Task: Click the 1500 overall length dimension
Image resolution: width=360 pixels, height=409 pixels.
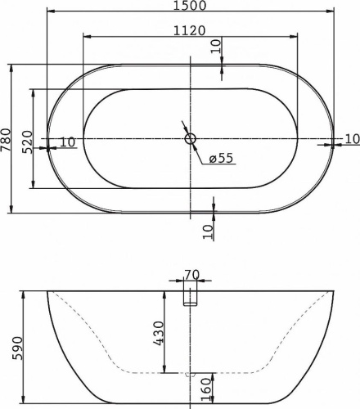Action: point(190,6)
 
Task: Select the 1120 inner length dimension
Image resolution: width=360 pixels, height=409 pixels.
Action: point(190,30)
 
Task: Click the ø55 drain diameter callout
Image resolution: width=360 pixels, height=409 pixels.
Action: point(222,159)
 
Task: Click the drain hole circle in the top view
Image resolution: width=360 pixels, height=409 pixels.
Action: point(191,139)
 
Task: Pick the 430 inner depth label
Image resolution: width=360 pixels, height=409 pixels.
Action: point(160,332)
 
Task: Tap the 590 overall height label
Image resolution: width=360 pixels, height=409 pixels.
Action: point(7,347)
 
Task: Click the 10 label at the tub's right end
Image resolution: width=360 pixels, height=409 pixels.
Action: point(351,139)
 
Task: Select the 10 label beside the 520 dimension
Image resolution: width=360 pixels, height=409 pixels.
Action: point(66,142)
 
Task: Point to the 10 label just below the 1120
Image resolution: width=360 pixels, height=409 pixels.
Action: point(215,47)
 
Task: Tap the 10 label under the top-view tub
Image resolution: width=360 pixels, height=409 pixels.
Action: point(208,231)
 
